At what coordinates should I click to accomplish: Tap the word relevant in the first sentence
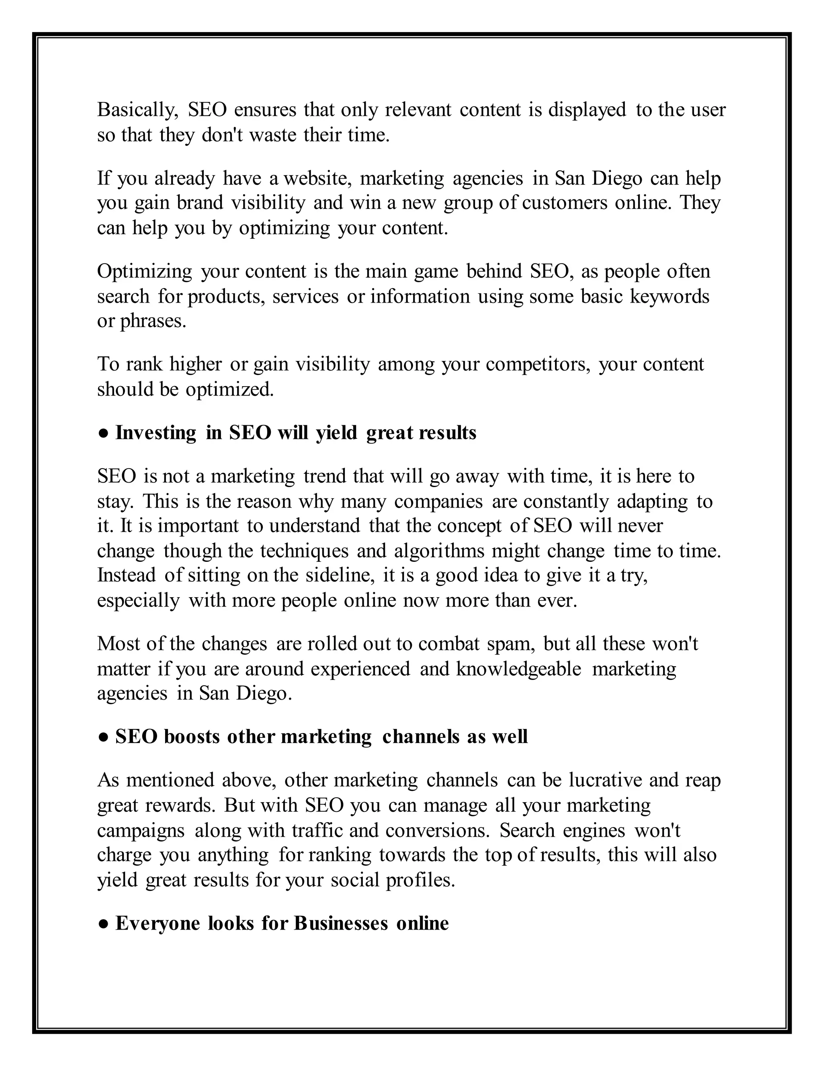click(418, 110)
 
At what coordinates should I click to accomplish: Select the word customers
click(565, 203)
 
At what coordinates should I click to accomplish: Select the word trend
click(324, 476)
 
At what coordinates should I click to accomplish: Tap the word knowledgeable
click(519, 669)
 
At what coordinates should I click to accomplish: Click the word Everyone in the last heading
click(158, 924)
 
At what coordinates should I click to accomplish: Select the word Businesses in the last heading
click(341, 924)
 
